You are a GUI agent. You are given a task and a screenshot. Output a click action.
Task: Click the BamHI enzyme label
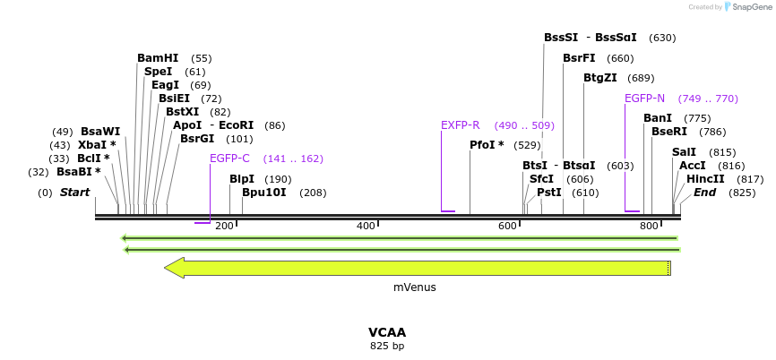[x=158, y=58]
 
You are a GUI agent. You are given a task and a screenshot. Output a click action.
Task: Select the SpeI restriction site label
[x=158, y=72]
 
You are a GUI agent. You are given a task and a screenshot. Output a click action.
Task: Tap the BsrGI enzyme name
[x=197, y=139]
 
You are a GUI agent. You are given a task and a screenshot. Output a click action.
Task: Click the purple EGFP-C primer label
[x=229, y=159]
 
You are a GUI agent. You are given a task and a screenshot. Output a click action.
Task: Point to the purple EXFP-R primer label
[x=461, y=125]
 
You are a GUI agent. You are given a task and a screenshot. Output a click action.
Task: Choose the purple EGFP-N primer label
[x=644, y=99]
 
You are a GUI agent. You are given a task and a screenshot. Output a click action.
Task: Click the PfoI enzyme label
[x=487, y=145]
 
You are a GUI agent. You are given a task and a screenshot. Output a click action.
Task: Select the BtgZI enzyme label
[x=600, y=78]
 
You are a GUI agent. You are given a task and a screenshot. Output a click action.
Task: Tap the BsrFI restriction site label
[x=580, y=58]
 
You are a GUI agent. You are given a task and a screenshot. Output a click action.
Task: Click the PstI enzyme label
[x=549, y=193]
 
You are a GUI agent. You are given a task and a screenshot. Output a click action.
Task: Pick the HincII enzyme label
[x=705, y=179]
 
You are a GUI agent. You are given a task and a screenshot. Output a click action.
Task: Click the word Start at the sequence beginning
[x=74, y=193]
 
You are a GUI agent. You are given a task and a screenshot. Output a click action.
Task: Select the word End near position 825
[x=704, y=193]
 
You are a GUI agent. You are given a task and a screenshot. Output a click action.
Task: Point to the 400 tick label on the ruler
[x=366, y=226]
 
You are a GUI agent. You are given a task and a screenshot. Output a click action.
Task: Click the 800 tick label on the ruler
[x=649, y=226]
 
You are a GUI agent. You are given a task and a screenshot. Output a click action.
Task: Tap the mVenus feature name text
[x=414, y=287]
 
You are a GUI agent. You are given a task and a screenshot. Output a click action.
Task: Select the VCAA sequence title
[x=387, y=332]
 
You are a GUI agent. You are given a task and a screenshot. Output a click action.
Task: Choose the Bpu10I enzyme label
[x=264, y=193]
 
